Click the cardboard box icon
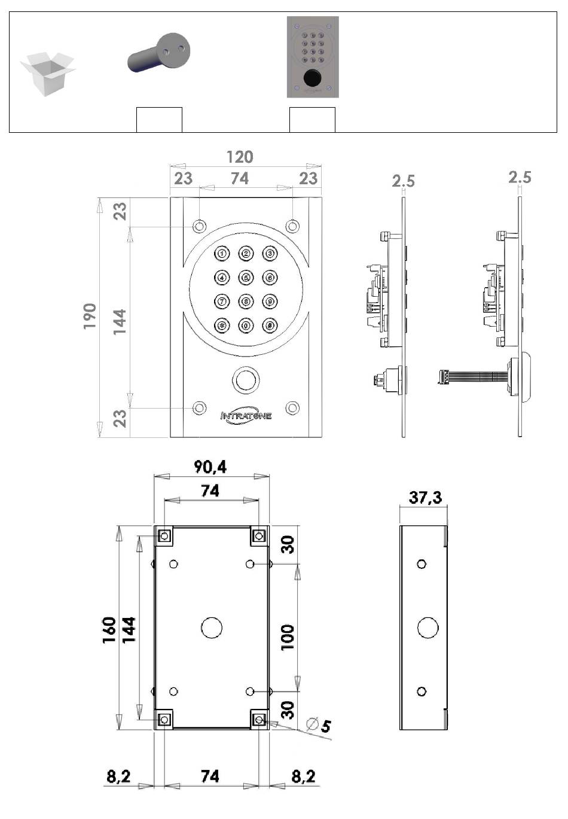pyautogui.click(x=47, y=74)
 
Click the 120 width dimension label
pyautogui.click(x=240, y=157)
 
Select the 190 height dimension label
pyautogui.click(x=90, y=316)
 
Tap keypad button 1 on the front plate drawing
pyautogui.click(x=222, y=253)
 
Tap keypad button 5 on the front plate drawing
pyautogui.click(x=246, y=278)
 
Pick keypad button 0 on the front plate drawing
pyautogui.click(x=246, y=325)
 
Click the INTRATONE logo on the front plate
pyautogui.click(x=246, y=416)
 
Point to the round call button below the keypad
pyautogui.click(x=246, y=380)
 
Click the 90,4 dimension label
pyautogui.click(x=210, y=467)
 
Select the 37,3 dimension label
pyautogui.click(x=425, y=498)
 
